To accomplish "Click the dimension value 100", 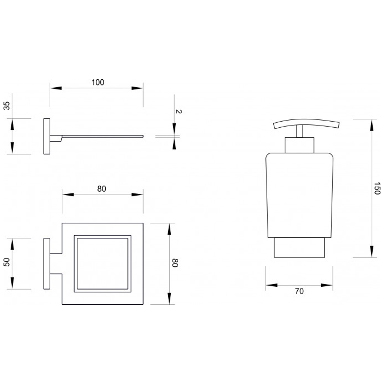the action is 98,82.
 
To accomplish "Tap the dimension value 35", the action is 7,106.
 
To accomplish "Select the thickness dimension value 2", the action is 178,111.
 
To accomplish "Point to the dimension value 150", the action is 377,188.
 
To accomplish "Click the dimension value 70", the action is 299,291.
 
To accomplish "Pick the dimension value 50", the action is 7,262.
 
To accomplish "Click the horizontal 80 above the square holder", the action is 102,189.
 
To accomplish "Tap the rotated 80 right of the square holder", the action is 175,263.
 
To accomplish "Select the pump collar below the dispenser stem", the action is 300,145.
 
